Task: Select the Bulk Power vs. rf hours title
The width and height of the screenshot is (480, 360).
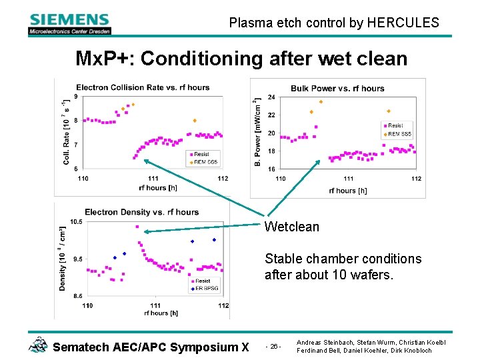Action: tap(337, 89)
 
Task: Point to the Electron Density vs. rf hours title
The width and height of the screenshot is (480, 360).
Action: tap(141, 212)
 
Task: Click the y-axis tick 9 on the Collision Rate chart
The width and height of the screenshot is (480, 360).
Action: tap(75, 97)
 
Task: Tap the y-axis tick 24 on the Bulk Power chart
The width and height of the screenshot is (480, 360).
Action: tap(271, 97)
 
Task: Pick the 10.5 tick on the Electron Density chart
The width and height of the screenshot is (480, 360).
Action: tap(76, 222)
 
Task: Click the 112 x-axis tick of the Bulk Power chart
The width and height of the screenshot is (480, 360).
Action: tap(416, 179)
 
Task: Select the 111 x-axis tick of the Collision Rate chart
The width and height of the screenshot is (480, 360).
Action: tap(153, 179)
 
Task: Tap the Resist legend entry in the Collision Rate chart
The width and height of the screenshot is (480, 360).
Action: tap(201, 155)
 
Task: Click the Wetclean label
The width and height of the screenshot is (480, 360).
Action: tap(291, 227)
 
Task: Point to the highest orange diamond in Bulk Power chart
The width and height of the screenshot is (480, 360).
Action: tap(321, 102)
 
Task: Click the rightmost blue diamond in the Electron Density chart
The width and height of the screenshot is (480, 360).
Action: tap(214, 239)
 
